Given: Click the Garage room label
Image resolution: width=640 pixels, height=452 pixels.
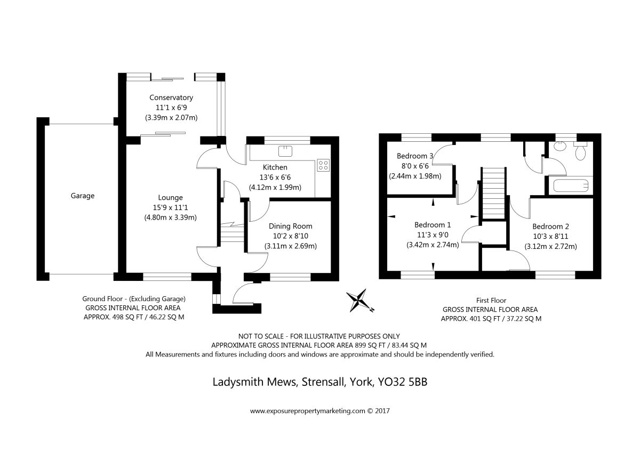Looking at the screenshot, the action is [83, 196].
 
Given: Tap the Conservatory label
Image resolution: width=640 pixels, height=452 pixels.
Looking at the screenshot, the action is [171, 98].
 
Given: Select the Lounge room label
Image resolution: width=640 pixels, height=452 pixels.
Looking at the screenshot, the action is [170, 197].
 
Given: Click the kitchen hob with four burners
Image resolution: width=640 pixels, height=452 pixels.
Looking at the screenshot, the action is [323, 165].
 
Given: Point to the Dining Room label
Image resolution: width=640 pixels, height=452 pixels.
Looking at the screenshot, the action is [290, 226].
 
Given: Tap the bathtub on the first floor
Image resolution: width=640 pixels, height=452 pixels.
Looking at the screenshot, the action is [570, 186].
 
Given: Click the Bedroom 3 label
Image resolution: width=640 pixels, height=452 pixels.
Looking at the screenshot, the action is [415, 156].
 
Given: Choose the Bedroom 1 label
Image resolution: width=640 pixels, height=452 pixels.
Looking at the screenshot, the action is [433, 224].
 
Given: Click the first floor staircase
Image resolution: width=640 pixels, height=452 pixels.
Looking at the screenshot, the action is [494, 192].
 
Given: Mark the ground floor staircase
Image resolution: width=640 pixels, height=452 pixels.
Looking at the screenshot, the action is [231, 232].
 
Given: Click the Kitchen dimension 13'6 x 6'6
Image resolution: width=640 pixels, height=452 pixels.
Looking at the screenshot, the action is [275, 177].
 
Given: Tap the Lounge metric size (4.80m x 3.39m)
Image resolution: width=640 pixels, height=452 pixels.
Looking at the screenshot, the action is [170, 217].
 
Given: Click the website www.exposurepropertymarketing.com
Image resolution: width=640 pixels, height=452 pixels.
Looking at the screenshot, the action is [307, 411].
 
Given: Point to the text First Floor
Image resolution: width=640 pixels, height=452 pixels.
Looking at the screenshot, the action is [491, 300].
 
